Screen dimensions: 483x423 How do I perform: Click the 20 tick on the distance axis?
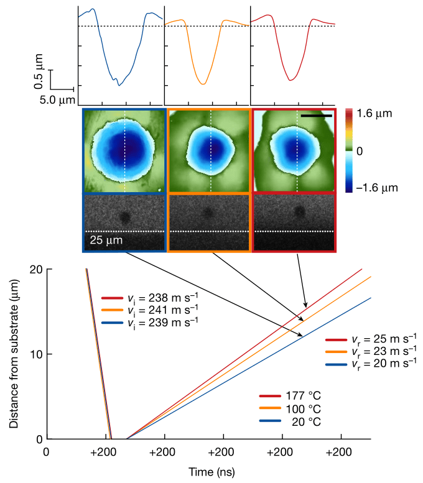[37, 269]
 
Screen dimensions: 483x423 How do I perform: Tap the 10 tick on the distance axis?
[37, 354]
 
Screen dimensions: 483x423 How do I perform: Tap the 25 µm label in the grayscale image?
[103, 239]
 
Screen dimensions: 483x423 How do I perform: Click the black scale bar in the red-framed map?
[314, 115]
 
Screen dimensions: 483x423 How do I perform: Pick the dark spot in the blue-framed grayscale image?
[124, 217]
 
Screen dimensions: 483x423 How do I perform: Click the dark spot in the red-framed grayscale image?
[299, 213]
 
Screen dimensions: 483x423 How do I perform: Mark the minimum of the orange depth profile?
[203, 84]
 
